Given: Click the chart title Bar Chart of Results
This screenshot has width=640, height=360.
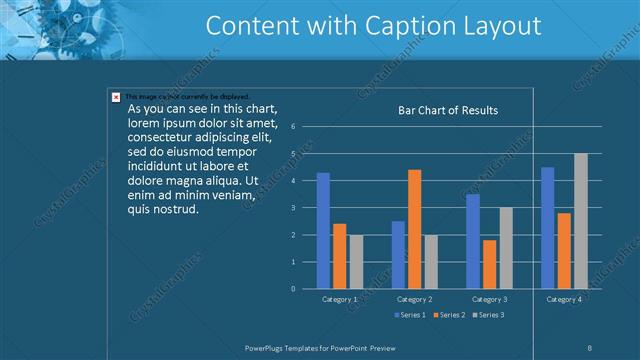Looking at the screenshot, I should (x=448, y=110).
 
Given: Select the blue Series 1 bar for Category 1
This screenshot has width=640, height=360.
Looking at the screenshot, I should (x=323, y=230).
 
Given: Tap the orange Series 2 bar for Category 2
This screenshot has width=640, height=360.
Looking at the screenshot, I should (x=414, y=229).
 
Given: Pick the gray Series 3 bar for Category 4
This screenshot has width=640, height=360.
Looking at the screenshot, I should (x=580, y=221).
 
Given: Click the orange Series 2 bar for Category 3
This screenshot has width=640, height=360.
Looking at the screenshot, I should (x=489, y=264).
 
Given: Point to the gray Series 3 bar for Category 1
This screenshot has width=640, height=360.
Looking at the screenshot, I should (x=356, y=261).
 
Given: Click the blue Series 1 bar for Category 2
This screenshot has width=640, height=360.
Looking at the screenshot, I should (x=398, y=254).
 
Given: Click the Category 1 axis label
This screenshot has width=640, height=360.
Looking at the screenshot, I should (x=340, y=299).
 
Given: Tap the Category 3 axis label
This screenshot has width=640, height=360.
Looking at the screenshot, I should (x=489, y=299).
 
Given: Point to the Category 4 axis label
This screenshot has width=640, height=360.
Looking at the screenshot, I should (x=564, y=299).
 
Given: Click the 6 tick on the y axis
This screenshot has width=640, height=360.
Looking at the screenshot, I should (x=293, y=127).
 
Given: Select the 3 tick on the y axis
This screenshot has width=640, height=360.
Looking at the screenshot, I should (x=293, y=208).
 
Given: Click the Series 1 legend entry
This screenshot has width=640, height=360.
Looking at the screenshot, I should (x=409, y=315).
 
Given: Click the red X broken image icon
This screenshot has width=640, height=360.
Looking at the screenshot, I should (x=116, y=97).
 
